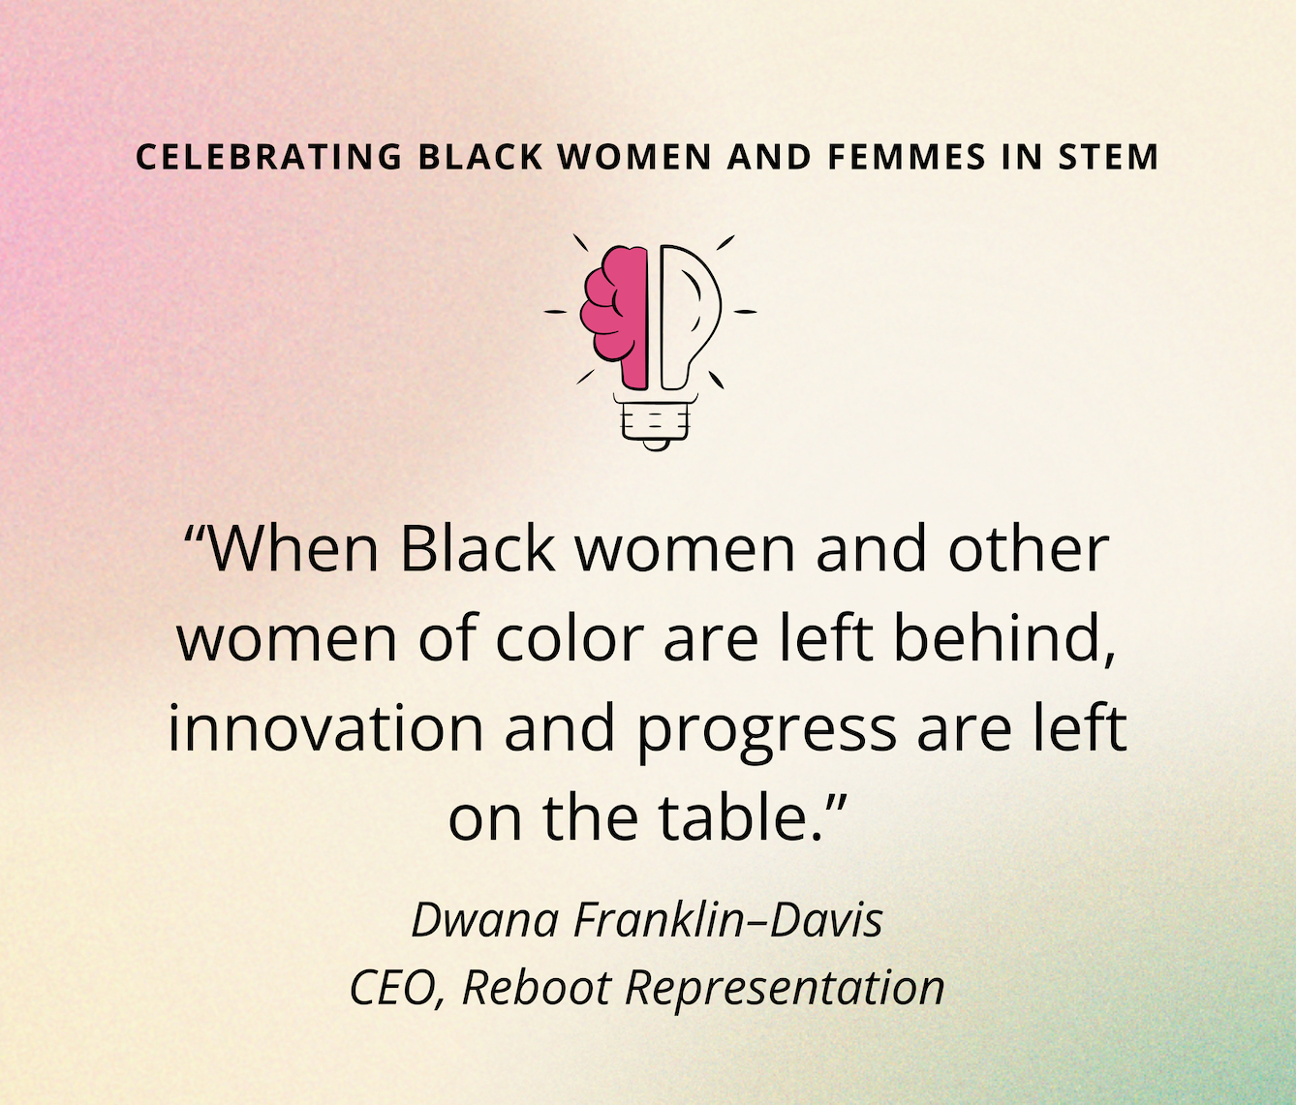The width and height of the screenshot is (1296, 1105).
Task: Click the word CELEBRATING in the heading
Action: [x=268, y=157]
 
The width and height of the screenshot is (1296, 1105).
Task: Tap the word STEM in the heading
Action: [x=1108, y=157]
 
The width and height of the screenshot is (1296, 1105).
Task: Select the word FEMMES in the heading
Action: [x=907, y=157]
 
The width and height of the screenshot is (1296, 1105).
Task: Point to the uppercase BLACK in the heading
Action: [x=479, y=157]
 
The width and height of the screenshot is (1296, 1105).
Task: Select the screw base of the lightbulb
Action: [x=655, y=421]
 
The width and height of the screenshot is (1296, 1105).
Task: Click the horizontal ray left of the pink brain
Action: [x=555, y=311]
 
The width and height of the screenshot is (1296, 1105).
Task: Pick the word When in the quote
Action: [x=293, y=550]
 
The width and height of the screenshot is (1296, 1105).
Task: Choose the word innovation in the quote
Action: [x=326, y=727]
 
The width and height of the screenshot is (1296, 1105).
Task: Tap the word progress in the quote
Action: [x=766, y=733]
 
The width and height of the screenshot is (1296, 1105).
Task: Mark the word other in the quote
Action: [x=1029, y=550]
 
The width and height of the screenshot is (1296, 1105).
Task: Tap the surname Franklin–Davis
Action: [x=728, y=921]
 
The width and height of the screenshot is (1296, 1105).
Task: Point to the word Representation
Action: [x=785, y=991]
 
